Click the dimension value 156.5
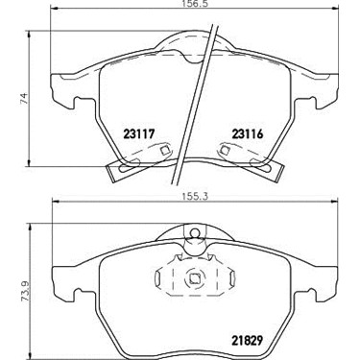pyautogui.click(x=194, y=3)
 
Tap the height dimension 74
pyautogui.click(x=24, y=99)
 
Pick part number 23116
pyautogui.click(x=248, y=133)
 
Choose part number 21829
pyautogui.click(x=247, y=340)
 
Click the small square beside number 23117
pyautogui.click(x=165, y=150)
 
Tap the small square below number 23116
pyautogui.click(x=226, y=150)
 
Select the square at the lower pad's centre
pyautogui.click(x=194, y=278)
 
